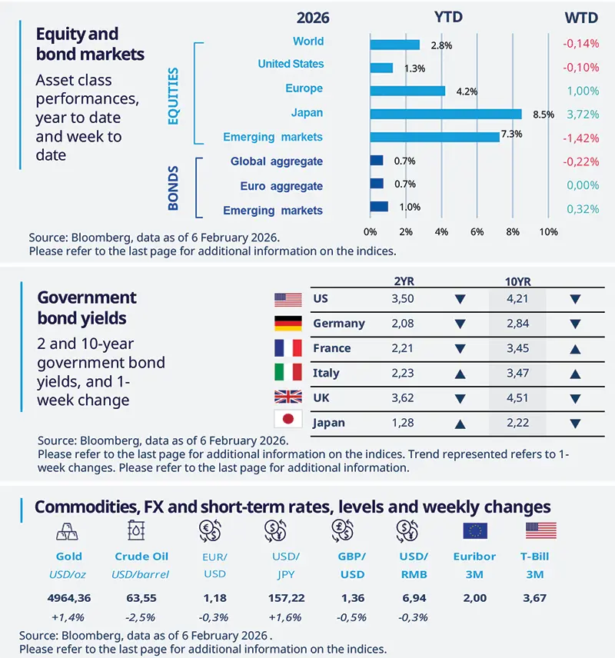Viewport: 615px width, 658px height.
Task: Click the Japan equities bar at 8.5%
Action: (445, 114)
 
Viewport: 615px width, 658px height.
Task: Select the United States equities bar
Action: (381, 68)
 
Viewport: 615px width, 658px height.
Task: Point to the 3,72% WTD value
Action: (582, 114)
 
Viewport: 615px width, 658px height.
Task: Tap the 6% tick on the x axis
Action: (477, 231)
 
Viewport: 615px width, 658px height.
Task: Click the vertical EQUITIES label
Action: (173, 95)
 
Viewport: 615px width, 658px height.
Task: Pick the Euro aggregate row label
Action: (281, 186)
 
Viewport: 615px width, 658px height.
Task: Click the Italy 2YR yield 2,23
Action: (403, 373)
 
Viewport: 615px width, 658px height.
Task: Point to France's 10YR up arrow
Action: (574, 349)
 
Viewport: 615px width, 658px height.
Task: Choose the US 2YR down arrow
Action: (460, 300)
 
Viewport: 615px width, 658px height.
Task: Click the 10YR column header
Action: (517, 281)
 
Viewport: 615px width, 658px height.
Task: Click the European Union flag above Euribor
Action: (474, 530)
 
